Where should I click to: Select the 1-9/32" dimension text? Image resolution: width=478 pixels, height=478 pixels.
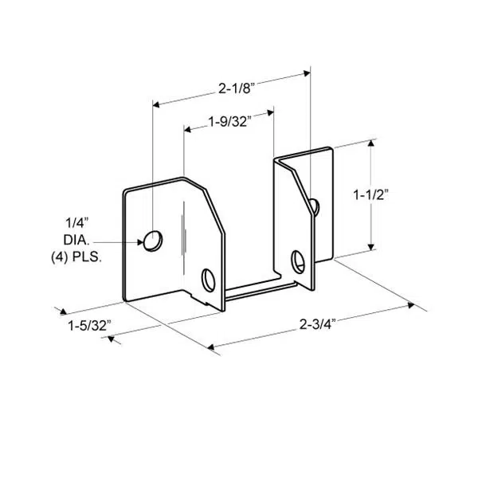pos(229,122)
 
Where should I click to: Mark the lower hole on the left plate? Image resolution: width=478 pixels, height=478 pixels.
pos(209,280)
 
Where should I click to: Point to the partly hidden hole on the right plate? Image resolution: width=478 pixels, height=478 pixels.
pos(315,207)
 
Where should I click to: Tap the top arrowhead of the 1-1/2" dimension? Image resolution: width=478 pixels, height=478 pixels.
pos(370,144)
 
